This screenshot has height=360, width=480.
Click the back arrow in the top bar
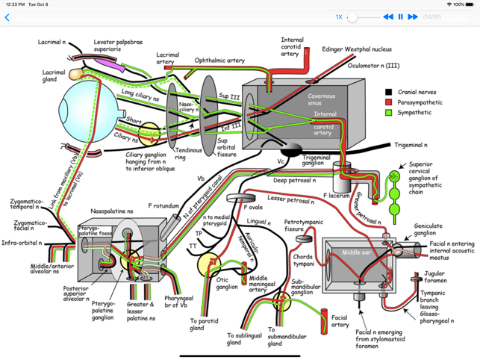pyautogui.click(x=7, y=17)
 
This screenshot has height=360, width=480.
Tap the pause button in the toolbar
pyautogui.click(x=400, y=16)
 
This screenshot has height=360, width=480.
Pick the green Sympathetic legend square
pyautogui.click(x=388, y=113)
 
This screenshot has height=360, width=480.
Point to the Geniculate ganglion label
pyautogui.click(x=426, y=229)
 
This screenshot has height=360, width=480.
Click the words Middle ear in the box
pyautogui.click(x=357, y=252)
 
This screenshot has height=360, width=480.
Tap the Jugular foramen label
pyautogui.click(x=434, y=277)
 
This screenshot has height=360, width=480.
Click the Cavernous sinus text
pyautogui.click(x=322, y=100)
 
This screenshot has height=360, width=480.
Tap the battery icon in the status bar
pyautogui.click(x=470, y=4)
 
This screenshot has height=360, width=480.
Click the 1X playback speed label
pyautogui.click(x=339, y=16)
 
